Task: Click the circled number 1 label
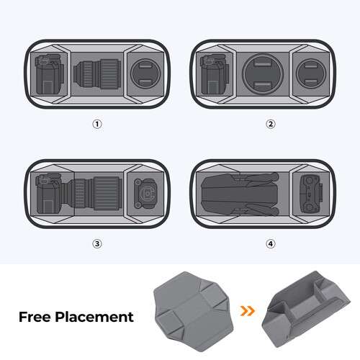pos(97,124)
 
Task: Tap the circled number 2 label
pos(271,124)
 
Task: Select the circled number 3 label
pos(97,243)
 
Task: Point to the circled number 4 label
pos(271,243)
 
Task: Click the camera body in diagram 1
pos(49,74)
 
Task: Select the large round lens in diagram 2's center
pos(264,74)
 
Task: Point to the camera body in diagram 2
pos(214,74)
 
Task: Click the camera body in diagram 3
pos(50,194)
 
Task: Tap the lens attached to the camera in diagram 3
pos(94,193)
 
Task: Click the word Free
pos(36,316)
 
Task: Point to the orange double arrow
pos(248,312)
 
